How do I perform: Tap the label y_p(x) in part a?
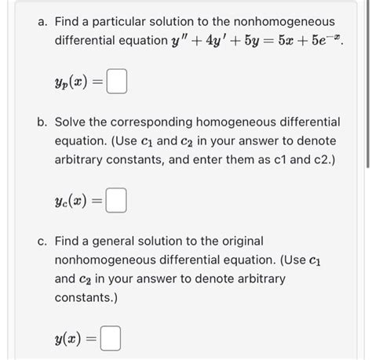point(74,82)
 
